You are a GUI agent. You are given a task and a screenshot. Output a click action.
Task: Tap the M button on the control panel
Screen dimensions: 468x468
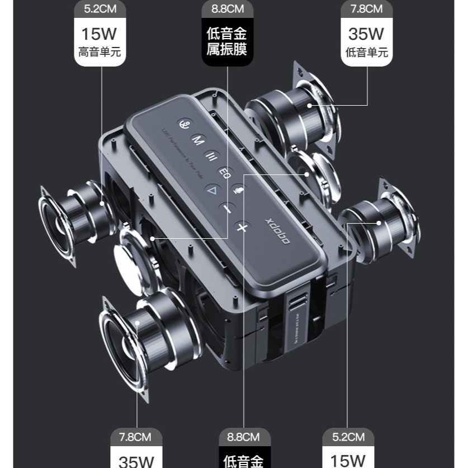(197, 140)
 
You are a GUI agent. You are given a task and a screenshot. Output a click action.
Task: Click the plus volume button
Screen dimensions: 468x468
(242, 227)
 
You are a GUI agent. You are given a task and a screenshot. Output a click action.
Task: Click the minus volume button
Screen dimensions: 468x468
(226, 209)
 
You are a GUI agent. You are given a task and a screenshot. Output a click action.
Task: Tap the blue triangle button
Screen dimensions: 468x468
(212, 190)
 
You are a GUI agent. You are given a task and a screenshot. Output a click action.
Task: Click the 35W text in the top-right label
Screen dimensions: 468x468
(366, 34)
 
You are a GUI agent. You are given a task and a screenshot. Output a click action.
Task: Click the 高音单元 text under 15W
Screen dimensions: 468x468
(100, 53)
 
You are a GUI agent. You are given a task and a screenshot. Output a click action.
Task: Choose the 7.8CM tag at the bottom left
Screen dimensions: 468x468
(136, 437)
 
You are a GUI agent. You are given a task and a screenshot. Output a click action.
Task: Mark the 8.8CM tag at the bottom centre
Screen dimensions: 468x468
(243, 437)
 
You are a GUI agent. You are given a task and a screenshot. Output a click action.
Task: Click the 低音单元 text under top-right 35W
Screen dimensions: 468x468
(366, 53)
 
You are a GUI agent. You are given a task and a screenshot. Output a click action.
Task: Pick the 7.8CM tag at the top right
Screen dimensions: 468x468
(366, 9)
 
